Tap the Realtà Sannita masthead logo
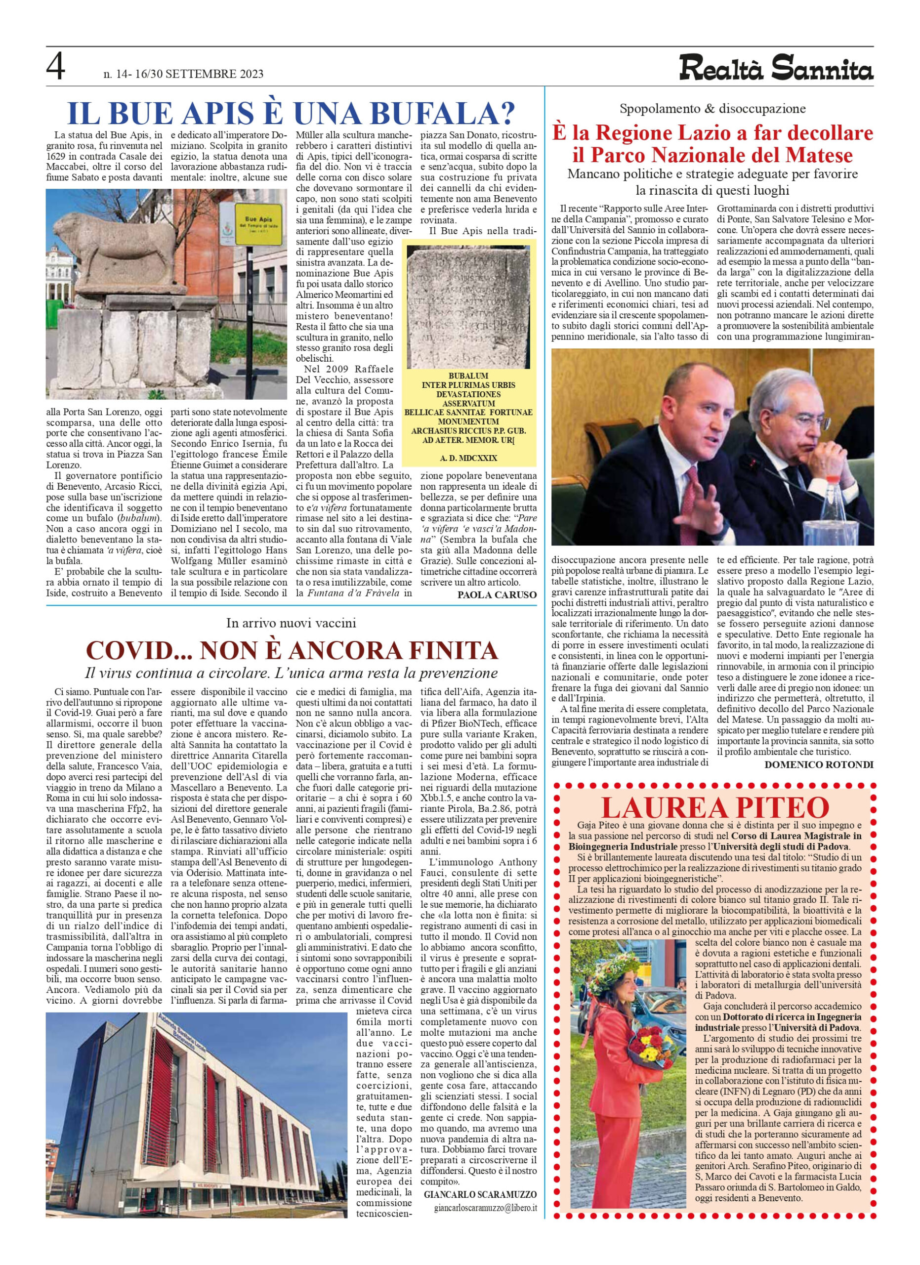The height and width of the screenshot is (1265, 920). [x=776, y=70]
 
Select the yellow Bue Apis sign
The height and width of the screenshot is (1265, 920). [x=258, y=222]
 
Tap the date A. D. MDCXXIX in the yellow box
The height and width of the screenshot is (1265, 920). [x=468, y=458]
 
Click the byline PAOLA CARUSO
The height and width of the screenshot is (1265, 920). [x=497, y=594]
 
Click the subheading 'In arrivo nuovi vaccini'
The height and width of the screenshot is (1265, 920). [x=291, y=623]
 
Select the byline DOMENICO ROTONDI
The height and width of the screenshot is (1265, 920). [x=819, y=764]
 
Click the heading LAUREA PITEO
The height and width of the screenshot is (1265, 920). [x=715, y=807]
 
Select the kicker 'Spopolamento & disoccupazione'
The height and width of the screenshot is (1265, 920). [x=712, y=109]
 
